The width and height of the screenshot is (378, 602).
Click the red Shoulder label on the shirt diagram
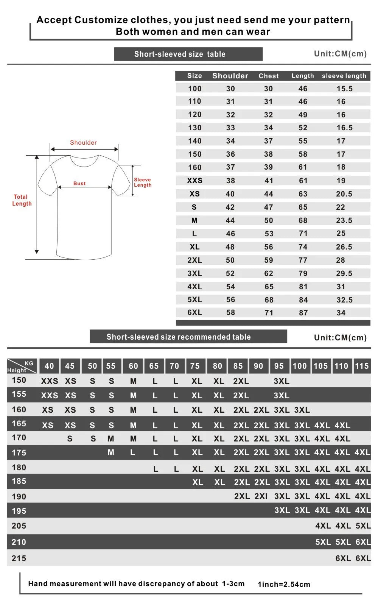[83, 142]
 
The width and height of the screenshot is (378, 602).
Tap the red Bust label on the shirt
[79, 183]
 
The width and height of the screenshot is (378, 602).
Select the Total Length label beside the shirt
[22, 200]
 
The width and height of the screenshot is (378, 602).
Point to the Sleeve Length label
[143, 182]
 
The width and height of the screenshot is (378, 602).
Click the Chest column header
[269, 76]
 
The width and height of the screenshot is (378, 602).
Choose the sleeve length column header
[344, 76]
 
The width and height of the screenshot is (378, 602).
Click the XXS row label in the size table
[194, 181]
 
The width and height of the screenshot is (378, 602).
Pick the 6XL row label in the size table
[194, 312]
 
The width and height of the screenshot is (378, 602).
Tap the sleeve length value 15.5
[344, 89]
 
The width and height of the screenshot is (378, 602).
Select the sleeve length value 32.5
[344, 300]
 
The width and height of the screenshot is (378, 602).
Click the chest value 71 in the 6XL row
[269, 313]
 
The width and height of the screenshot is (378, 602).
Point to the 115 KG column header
[361, 366]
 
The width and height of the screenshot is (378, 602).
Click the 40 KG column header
[49, 366]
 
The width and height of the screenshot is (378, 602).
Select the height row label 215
[19, 558]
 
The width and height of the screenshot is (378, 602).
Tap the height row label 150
[19, 380]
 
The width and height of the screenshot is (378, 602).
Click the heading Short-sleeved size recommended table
[179, 337]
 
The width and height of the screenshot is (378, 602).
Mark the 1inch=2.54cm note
[284, 584]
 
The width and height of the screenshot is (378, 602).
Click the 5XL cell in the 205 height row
[363, 526]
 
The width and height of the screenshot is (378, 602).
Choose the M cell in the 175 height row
[111, 452]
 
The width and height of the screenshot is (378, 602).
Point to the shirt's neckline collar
[84, 161]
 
